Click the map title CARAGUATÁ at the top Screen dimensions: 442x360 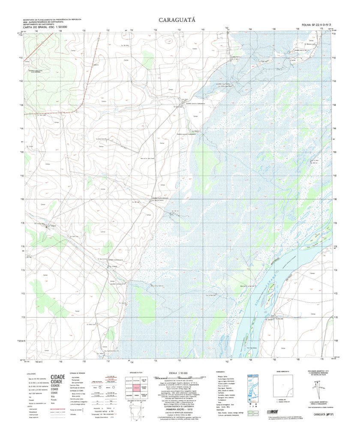click(x=177, y=20)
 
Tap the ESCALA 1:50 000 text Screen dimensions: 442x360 click(x=176, y=373)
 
